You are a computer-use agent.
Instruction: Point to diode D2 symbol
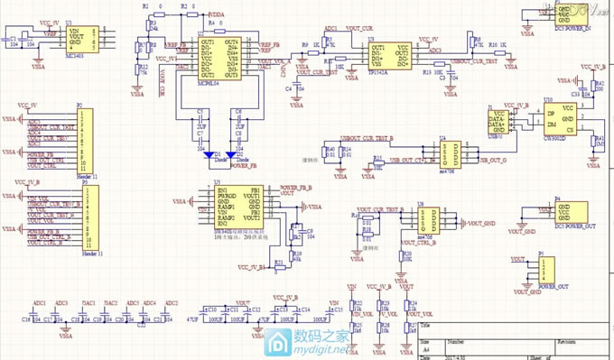tap(241, 155)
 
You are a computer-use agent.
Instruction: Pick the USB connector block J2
tap(498, 118)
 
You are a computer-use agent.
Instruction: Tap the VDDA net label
tap(217, 15)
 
